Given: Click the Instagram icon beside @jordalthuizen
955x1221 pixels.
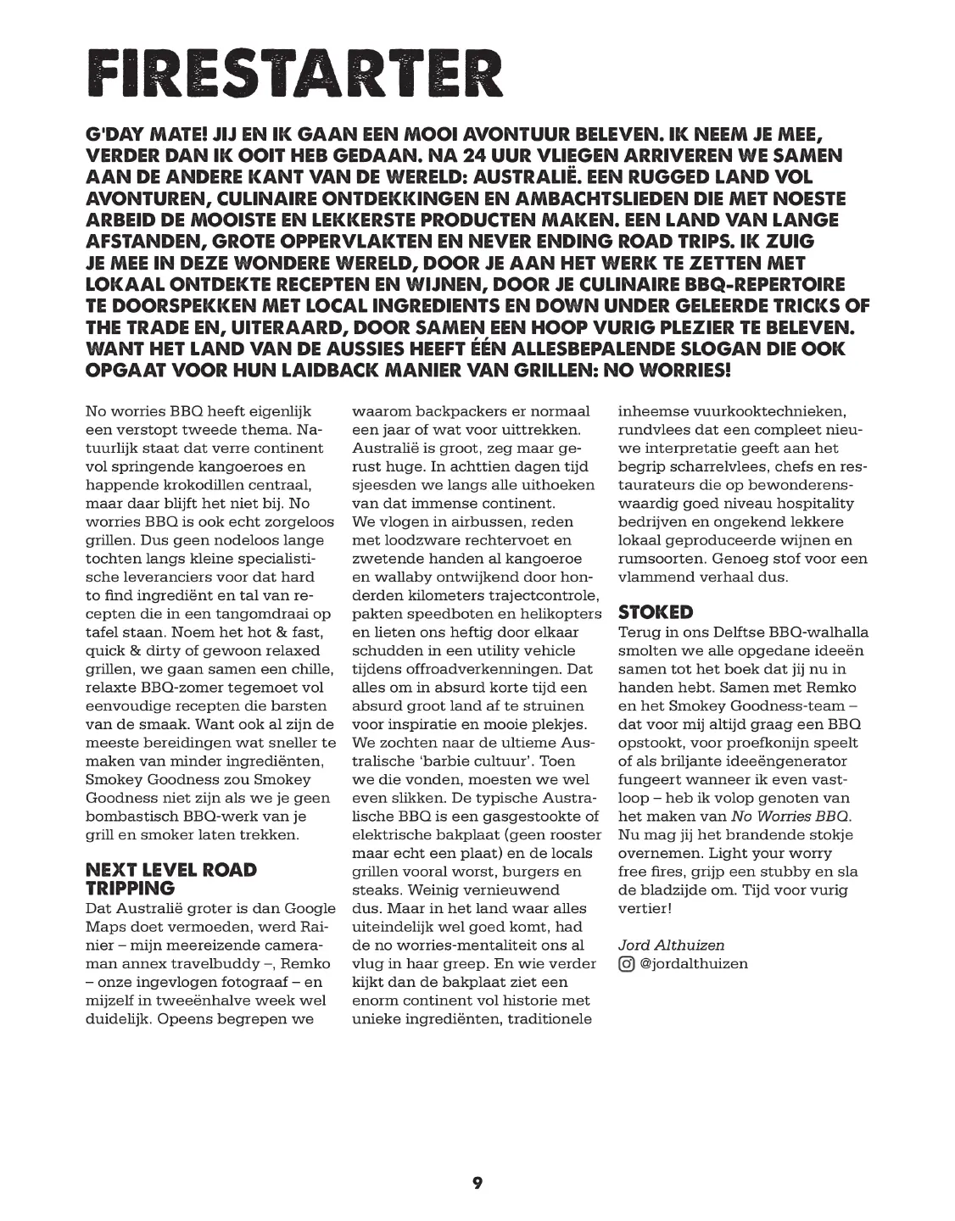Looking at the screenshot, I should point(626,963).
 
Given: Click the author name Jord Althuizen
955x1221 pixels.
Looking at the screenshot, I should point(671,945).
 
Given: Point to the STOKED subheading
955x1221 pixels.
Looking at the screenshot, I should point(656,611).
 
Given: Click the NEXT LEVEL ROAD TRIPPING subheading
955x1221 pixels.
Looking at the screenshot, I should point(170,878).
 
